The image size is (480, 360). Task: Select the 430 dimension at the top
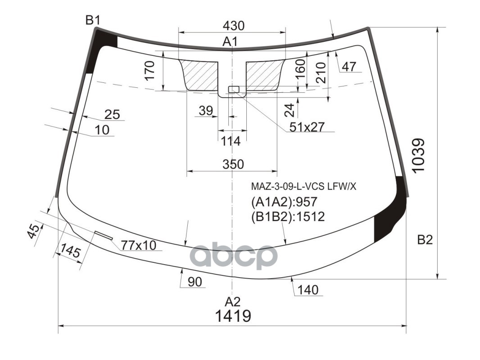click(x=233, y=26)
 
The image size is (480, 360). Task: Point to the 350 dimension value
click(x=233, y=164)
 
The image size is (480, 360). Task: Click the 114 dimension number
click(x=231, y=141)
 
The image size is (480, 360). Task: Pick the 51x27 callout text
click(x=307, y=127)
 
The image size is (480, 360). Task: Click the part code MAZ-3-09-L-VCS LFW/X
click(x=303, y=186)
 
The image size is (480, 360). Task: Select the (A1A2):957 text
click(x=284, y=202)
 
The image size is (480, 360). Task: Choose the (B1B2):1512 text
click(x=288, y=217)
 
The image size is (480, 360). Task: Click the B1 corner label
click(x=93, y=20)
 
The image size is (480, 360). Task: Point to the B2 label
click(x=425, y=240)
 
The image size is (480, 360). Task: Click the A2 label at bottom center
click(x=233, y=301)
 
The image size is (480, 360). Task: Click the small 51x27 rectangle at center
click(x=233, y=89)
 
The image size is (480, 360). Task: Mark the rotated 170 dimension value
click(x=150, y=70)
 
